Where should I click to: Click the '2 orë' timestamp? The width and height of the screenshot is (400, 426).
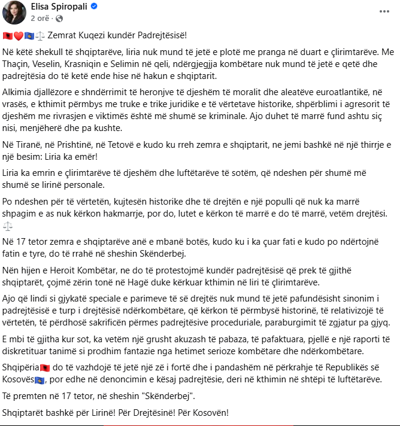pyautogui.click(x=38, y=18)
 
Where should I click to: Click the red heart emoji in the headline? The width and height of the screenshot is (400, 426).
pyautogui.click(x=19, y=36)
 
